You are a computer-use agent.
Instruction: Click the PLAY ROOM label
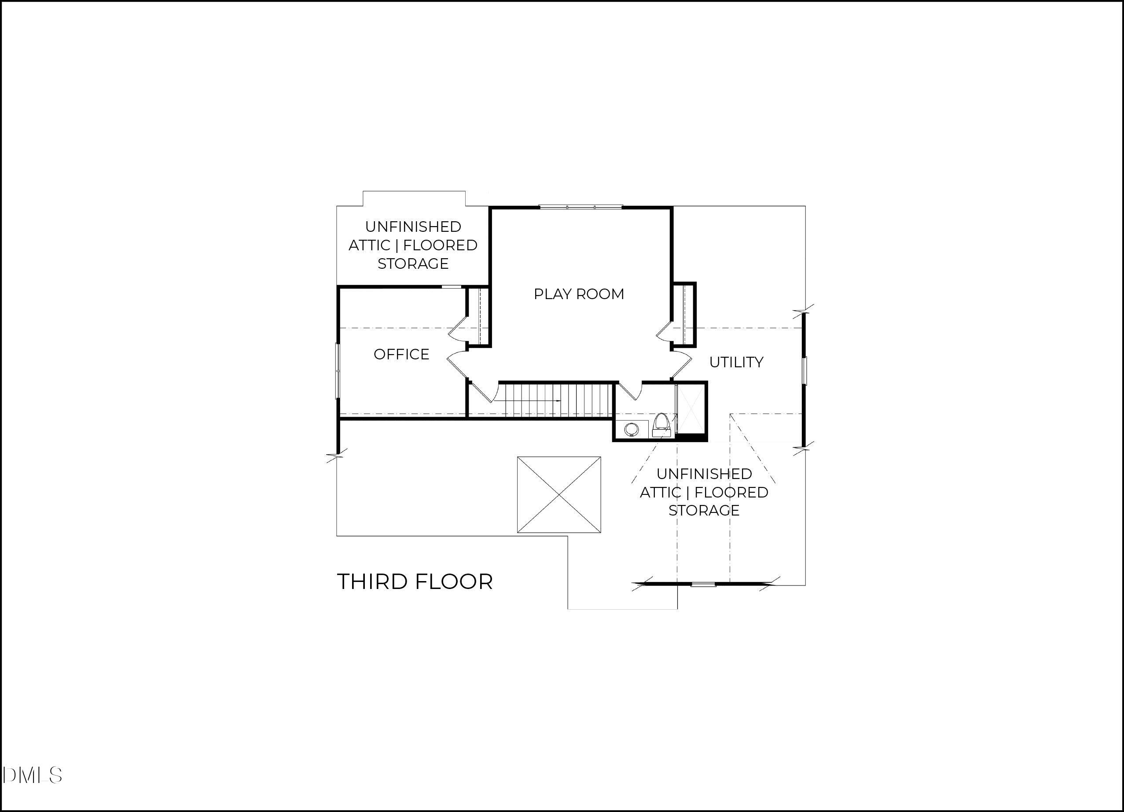click(578, 294)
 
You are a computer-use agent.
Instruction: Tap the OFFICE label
click(401, 354)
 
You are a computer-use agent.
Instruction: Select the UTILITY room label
click(736, 362)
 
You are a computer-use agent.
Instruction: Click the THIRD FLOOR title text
click(415, 582)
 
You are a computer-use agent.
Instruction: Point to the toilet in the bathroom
click(661, 424)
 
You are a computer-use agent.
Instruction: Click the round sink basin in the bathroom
click(632, 429)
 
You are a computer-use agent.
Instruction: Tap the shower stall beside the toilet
click(691, 409)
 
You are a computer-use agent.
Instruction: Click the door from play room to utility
click(681, 364)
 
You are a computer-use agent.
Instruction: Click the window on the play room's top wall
click(580, 207)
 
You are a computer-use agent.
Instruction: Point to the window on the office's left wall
click(338, 370)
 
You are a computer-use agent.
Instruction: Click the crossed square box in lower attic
click(559, 494)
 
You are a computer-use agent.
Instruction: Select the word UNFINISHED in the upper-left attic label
click(413, 227)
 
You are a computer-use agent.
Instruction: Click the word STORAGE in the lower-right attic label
click(704, 510)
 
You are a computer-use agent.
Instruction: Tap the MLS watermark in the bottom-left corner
click(32, 775)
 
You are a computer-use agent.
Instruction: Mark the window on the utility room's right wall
click(804, 370)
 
